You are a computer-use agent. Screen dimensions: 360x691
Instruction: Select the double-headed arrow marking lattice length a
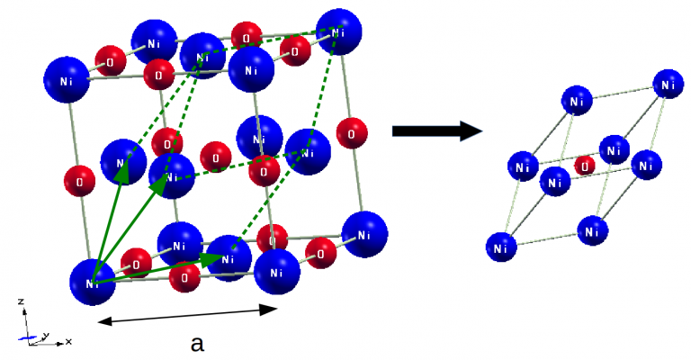coord(187,314)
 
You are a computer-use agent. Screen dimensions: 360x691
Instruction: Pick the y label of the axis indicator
coord(45,335)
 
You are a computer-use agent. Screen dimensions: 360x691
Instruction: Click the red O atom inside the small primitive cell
coord(585,166)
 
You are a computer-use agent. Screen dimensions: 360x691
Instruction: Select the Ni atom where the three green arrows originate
coord(93,282)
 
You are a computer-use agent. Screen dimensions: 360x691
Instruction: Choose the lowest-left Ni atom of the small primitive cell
coord(502,244)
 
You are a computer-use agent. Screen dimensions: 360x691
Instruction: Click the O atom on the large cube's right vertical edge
coord(351,132)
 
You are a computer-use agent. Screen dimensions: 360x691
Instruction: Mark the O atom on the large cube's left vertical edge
coord(80,181)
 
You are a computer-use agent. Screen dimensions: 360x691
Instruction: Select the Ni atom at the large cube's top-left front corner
coord(67,81)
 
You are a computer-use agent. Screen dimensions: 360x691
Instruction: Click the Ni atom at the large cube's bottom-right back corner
coord(365,235)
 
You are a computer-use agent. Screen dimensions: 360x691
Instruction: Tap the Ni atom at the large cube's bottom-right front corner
coord(277,271)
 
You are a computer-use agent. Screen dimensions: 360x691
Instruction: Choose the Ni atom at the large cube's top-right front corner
coord(251,69)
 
